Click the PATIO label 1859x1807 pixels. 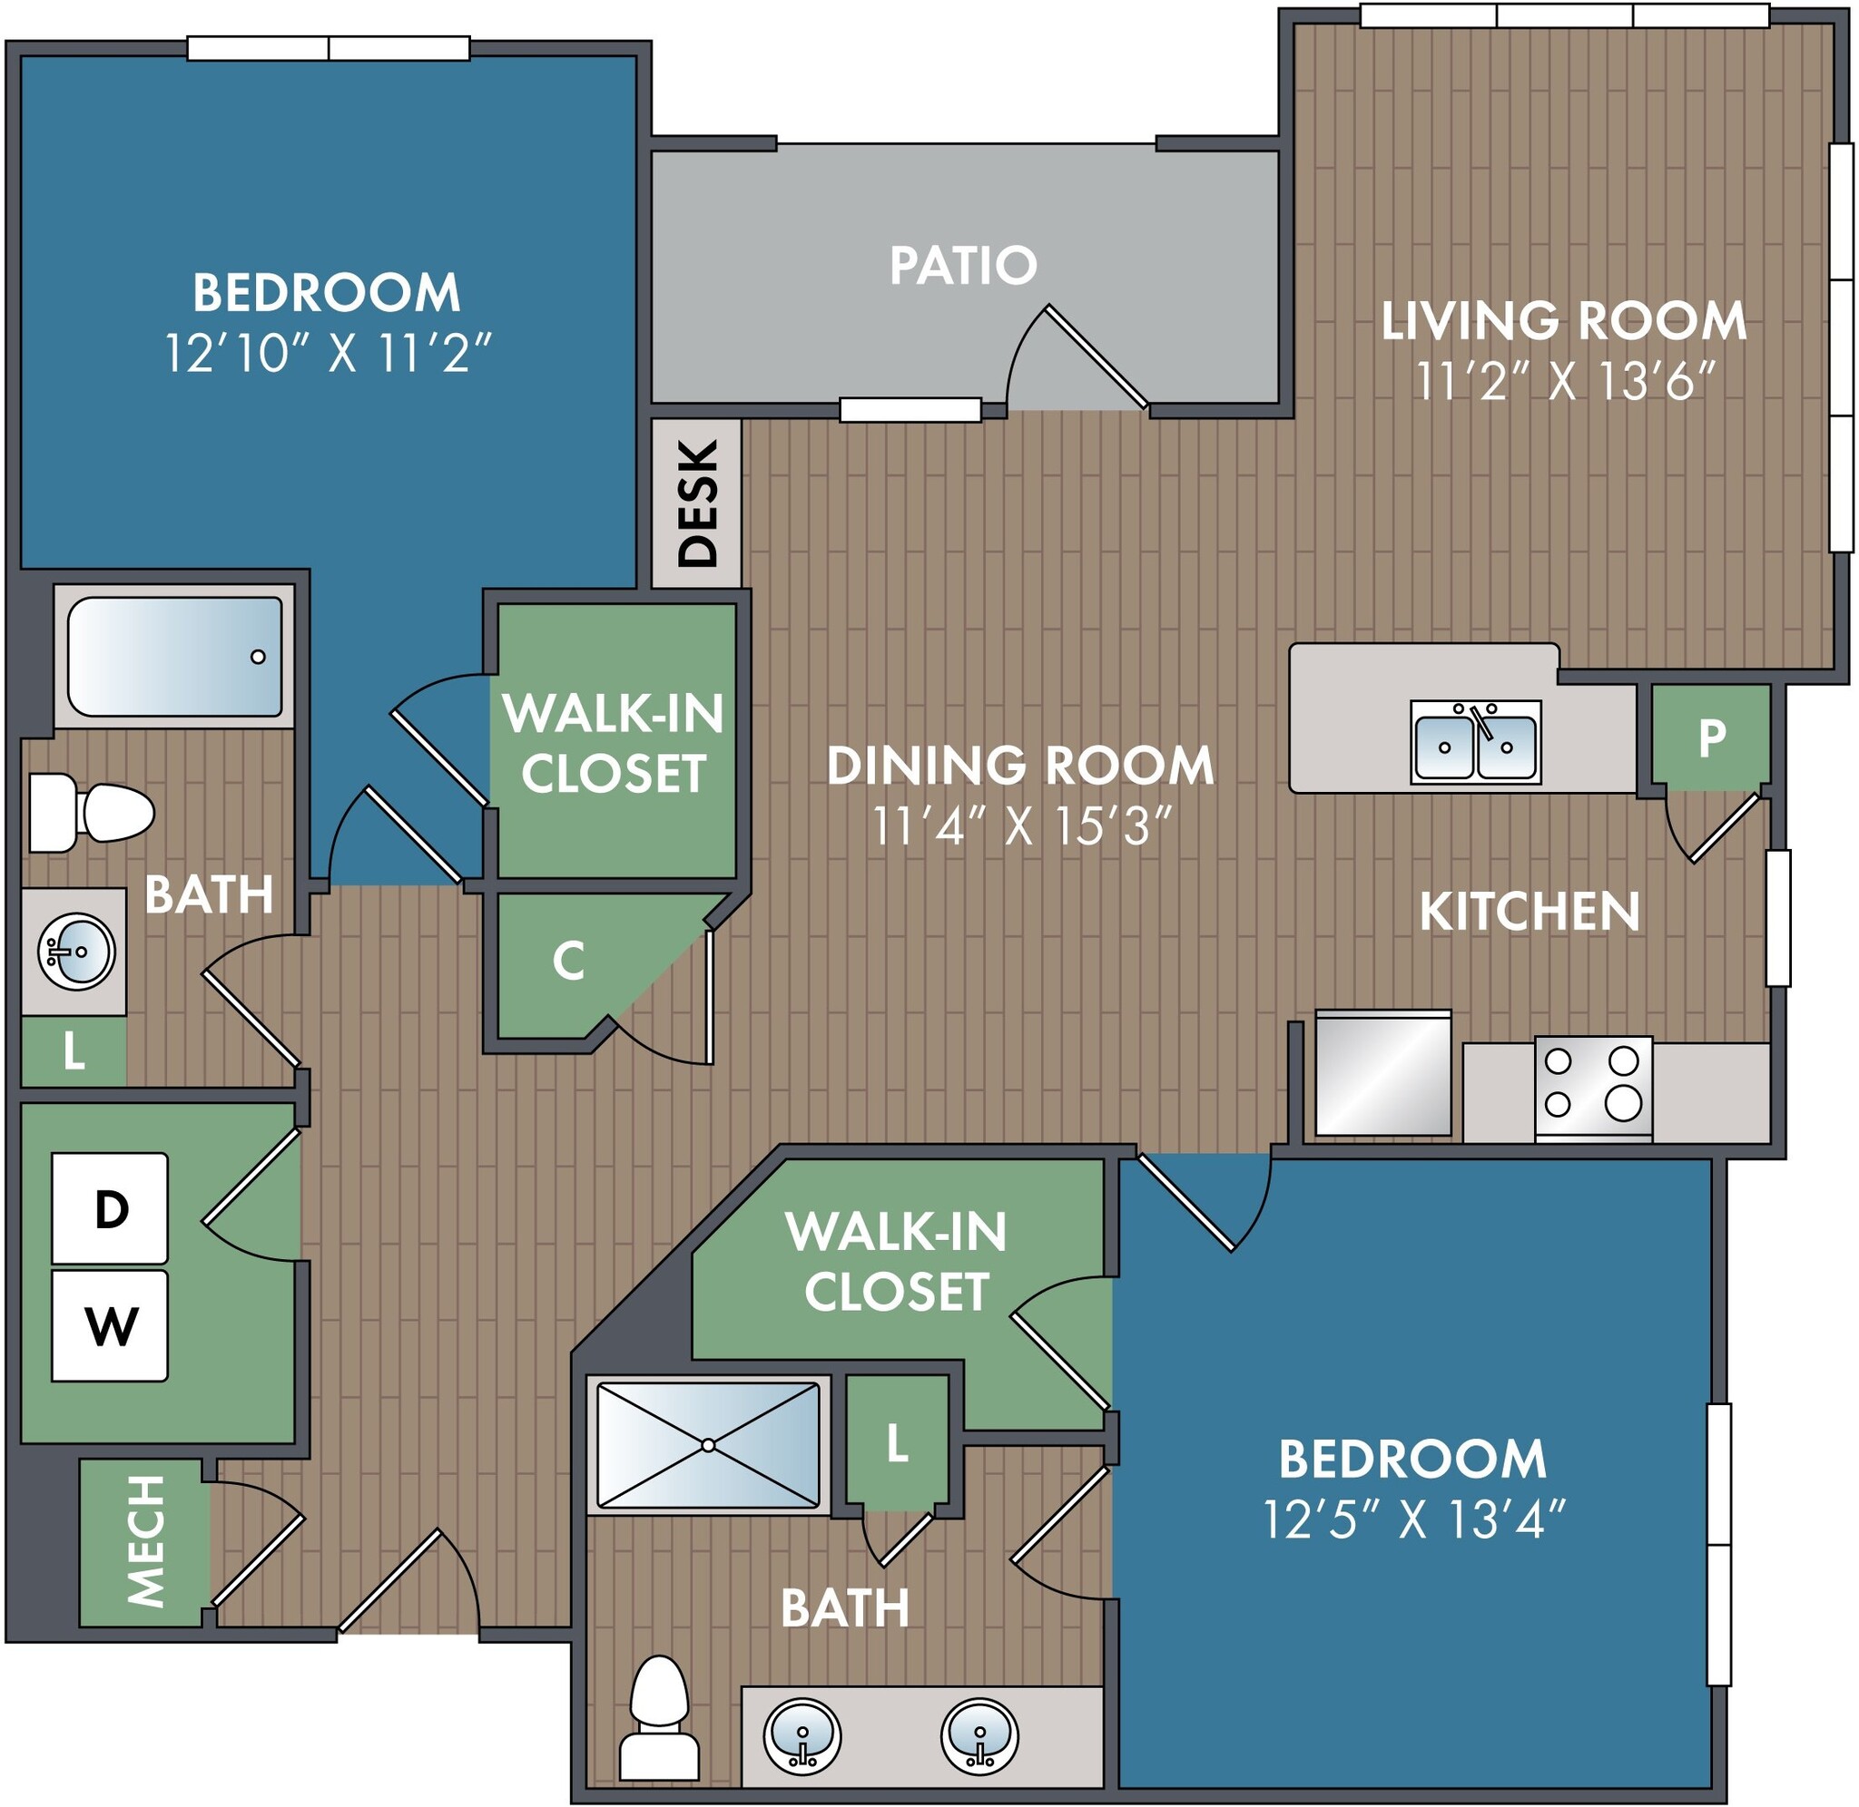pos(962,265)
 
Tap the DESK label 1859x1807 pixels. pos(697,503)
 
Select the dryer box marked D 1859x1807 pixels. pos(110,1209)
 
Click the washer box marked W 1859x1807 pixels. pos(110,1325)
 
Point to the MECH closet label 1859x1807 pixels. pos(145,1541)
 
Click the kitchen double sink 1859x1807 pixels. pos(1474,742)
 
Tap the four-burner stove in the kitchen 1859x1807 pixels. pos(1593,1088)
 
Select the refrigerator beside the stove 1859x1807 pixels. pos(1382,1072)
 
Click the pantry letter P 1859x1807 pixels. pos(1711,736)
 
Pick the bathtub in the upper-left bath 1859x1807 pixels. pos(174,657)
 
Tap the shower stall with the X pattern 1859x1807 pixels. pos(707,1444)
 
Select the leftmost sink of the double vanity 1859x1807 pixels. pos(802,1734)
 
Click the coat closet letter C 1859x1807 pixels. pos(567,962)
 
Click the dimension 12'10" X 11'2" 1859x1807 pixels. pos(328,354)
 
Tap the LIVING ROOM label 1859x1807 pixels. pos(1563,322)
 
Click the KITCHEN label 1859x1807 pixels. pos(1529,911)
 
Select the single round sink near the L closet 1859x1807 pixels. pos(76,951)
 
